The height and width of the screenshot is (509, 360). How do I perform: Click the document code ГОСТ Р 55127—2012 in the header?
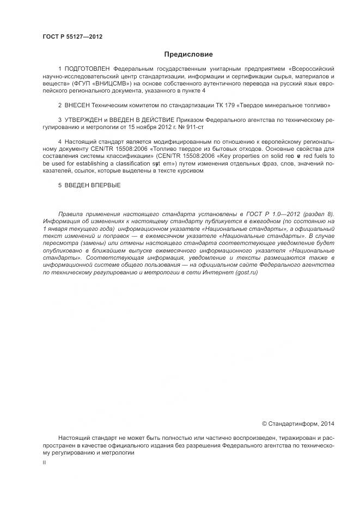click(72, 37)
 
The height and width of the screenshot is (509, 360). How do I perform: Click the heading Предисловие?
click(188, 54)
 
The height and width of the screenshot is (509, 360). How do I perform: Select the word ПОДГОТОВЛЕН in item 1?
click(88, 69)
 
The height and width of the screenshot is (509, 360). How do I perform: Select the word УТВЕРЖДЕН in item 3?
click(84, 119)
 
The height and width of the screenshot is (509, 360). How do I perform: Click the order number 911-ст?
click(196, 126)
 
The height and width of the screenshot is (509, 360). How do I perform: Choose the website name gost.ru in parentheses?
click(247, 272)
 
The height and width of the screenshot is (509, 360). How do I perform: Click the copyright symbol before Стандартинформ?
click(265, 423)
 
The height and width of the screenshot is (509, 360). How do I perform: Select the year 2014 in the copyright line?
click(328, 423)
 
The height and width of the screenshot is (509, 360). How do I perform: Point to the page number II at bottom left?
click(44, 462)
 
